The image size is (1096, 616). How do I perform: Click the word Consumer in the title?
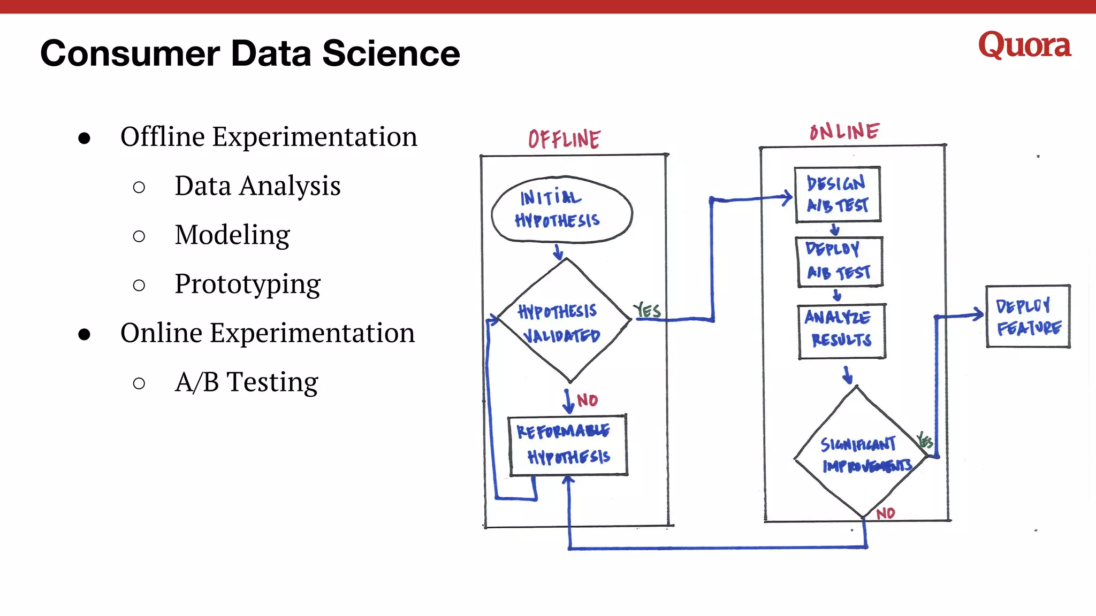[x=130, y=53]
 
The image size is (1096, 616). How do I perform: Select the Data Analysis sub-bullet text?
[x=257, y=186]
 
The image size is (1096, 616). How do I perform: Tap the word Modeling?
[x=232, y=235]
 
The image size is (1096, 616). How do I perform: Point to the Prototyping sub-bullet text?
[x=247, y=284]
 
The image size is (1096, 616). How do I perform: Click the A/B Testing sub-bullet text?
[x=246, y=382]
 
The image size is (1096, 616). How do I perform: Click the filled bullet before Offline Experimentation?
[x=84, y=138]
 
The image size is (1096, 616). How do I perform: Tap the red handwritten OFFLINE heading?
[x=564, y=139]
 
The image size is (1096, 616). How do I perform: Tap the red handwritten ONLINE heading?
[x=844, y=132]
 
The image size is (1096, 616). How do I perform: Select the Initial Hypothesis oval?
[x=561, y=210]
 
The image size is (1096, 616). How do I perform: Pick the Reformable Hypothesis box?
[x=567, y=445]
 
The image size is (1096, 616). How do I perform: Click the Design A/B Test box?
[x=838, y=195]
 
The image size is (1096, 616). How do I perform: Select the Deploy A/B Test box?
[x=839, y=262]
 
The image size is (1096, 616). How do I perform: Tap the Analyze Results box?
[x=841, y=330]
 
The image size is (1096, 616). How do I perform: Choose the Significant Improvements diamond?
[x=859, y=455]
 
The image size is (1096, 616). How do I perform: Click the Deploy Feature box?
[x=1027, y=317]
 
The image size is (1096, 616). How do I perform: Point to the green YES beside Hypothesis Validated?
[x=647, y=310]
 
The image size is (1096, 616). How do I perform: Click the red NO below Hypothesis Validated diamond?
[x=587, y=400]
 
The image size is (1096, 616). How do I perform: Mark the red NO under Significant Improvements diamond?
[x=886, y=513]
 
